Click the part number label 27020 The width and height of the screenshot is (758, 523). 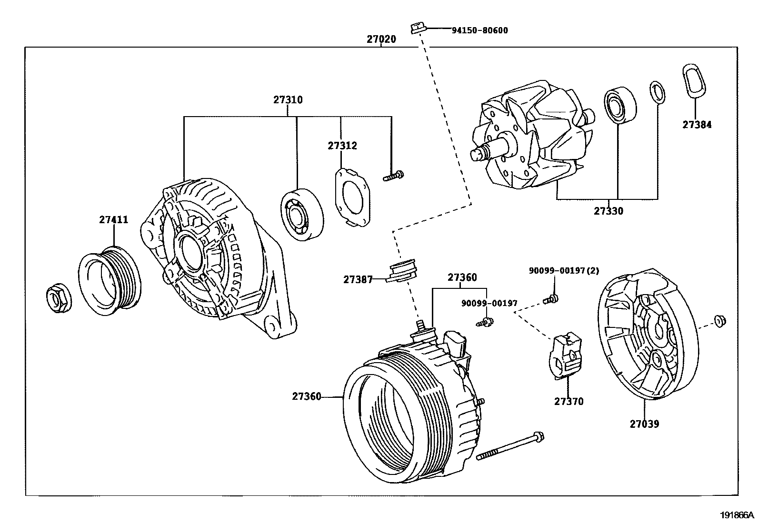pyautogui.click(x=381, y=39)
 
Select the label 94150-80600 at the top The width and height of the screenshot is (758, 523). pyautogui.click(x=479, y=30)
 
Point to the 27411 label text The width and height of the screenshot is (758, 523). pyautogui.click(x=113, y=220)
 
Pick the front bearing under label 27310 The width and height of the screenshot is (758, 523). pyautogui.click(x=301, y=215)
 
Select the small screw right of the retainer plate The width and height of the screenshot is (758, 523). pyautogui.click(x=393, y=177)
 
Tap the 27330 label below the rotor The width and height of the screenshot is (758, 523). pyautogui.click(x=608, y=211)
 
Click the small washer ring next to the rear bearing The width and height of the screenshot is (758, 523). pyautogui.click(x=657, y=92)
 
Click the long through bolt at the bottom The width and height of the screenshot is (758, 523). pyautogui.click(x=509, y=446)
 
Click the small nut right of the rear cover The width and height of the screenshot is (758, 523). pyautogui.click(x=719, y=322)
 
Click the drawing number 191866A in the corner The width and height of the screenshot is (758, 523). pyautogui.click(x=737, y=515)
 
